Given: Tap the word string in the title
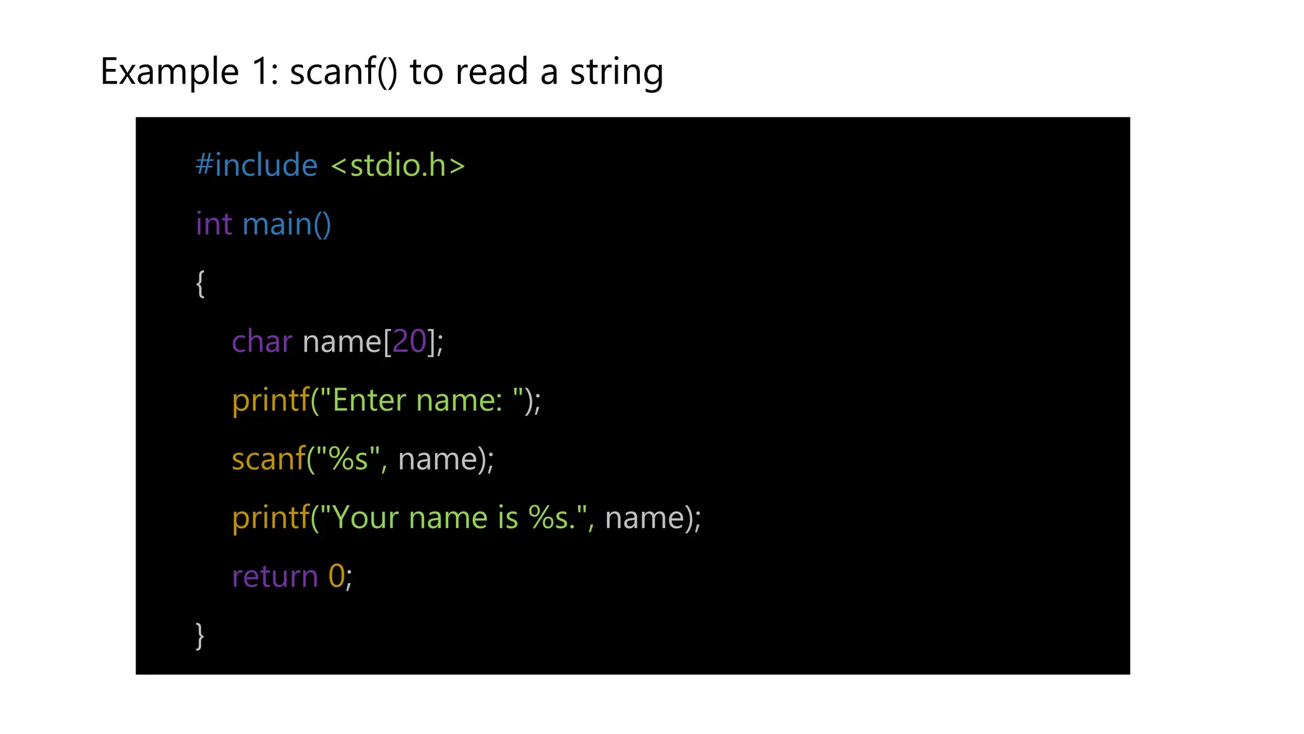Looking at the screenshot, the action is click(x=616, y=71).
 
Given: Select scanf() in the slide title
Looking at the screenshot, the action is click(x=343, y=71).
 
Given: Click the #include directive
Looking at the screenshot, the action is click(x=256, y=165).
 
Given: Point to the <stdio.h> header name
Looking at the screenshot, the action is click(x=398, y=165).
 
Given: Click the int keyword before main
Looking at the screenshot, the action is click(x=213, y=224).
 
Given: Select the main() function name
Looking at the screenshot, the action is click(x=287, y=224).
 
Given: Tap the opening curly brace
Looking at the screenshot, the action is click(x=200, y=283).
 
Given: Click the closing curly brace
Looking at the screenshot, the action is click(x=200, y=635).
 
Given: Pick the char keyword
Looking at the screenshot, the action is click(x=262, y=342).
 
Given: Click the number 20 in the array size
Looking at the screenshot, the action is click(x=409, y=342).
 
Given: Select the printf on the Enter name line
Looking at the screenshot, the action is click(x=271, y=400).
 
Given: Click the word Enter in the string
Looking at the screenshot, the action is click(x=369, y=400).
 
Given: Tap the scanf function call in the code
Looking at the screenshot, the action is click(x=269, y=459).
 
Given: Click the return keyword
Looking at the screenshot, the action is click(x=274, y=577).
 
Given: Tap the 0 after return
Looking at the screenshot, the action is click(x=336, y=577).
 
